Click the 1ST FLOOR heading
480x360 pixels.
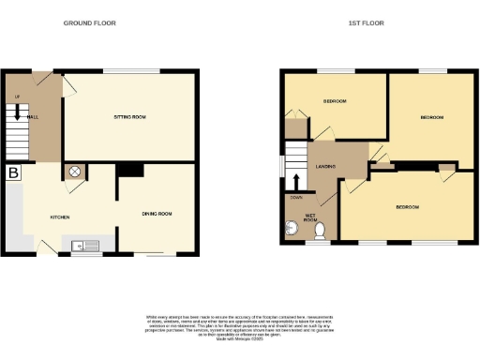tap(366, 22)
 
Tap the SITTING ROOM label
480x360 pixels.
tap(130, 117)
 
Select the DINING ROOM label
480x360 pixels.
tap(157, 214)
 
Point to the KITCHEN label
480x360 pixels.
tap(59, 217)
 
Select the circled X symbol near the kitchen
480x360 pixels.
tap(74, 172)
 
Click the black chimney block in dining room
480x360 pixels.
tap(129, 170)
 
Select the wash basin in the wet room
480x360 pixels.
tap(289, 228)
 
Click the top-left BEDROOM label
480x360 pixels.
tap(335, 100)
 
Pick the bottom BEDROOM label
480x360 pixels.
tap(406, 206)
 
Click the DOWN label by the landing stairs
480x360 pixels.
tap(296, 198)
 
